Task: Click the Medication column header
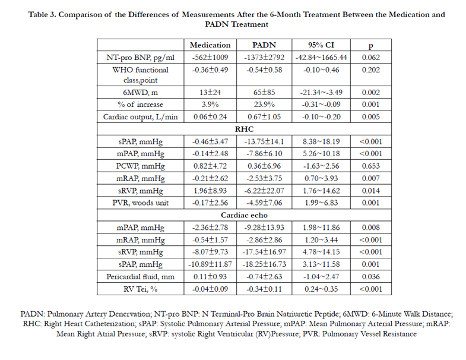tap(210, 45)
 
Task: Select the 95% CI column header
tap(321, 45)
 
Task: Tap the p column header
tap(370, 46)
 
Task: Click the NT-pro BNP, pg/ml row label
tap(140, 58)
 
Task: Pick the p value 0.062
tap(370, 58)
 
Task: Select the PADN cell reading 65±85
tap(264, 93)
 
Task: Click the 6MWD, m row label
tap(140, 93)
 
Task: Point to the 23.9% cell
tap(264, 105)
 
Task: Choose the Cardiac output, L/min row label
tap(140, 117)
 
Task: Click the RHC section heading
tap(244, 129)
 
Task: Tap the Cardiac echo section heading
tap(244, 215)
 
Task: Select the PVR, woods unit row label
tap(140, 203)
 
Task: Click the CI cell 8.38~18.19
tap(321, 141)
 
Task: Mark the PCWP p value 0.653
tap(370, 166)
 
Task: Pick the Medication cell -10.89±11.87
tap(210, 264)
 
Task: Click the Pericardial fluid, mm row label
tap(140, 277)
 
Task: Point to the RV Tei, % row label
tap(140, 289)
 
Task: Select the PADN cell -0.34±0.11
tap(264, 289)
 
